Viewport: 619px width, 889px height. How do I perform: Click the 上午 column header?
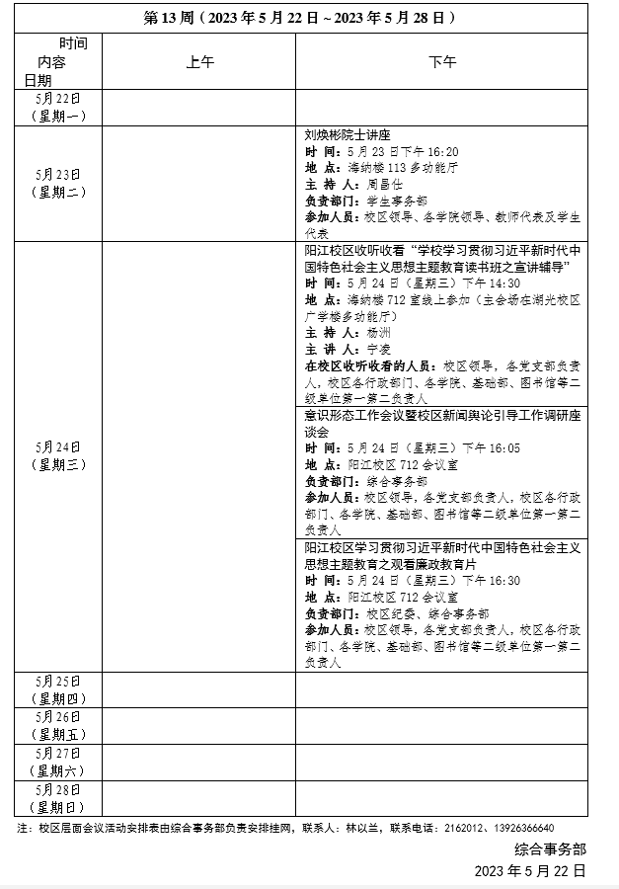click(199, 62)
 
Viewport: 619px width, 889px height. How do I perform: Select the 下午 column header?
click(441, 62)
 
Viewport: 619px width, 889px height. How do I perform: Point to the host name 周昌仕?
click(384, 185)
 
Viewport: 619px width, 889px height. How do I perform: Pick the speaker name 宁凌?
click(379, 350)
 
